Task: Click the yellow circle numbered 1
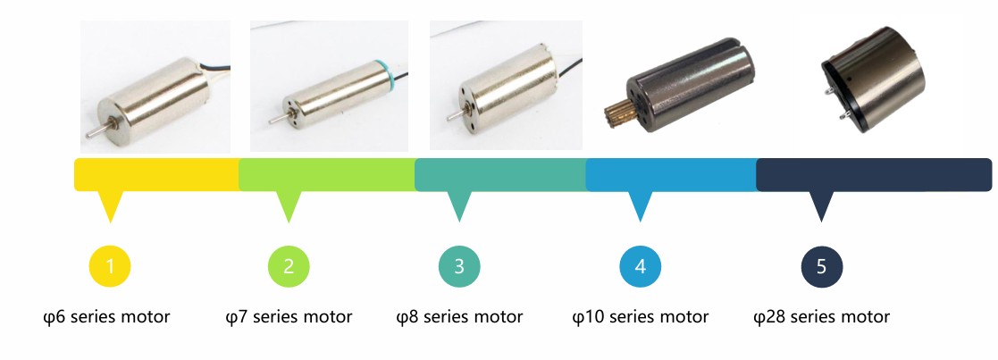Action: [x=110, y=266]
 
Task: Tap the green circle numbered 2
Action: [x=289, y=266]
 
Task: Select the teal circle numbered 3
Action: [x=459, y=266]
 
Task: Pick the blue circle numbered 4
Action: [x=640, y=266]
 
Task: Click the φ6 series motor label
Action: [x=106, y=317]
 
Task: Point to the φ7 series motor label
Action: [x=289, y=317]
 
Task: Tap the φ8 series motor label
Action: [x=459, y=317]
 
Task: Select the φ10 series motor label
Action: [x=640, y=317]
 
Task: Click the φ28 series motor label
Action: [x=822, y=317]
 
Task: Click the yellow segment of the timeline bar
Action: [x=155, y=174]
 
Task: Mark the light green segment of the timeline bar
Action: [x=326, y=174]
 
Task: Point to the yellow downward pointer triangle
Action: [x=110, y=205]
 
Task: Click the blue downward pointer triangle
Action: [x=640, y=205]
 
